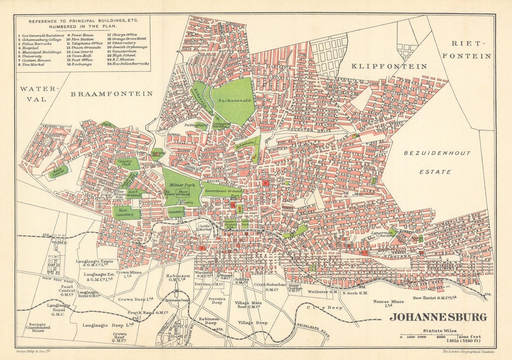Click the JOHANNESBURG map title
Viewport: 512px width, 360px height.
click(438, 317)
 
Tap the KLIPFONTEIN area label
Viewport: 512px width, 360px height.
click(389, 67)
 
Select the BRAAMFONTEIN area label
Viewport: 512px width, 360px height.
click(111, 94)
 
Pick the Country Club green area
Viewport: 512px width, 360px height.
click(127, 163)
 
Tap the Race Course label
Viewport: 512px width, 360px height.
click(59, 171)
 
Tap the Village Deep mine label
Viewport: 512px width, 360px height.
click(253, 322)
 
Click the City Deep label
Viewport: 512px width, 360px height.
click(324, 307)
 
